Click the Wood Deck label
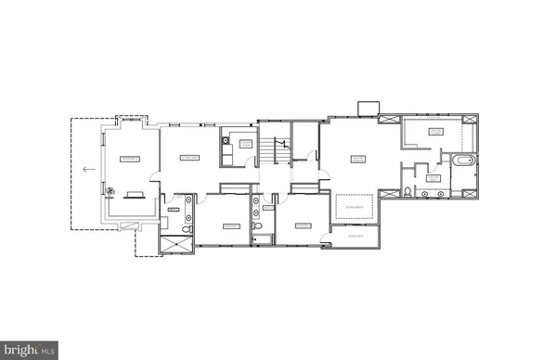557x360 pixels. (354, 237)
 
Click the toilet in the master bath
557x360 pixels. (408, 193)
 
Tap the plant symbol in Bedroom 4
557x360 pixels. (110, 192)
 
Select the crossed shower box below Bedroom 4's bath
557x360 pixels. (176, 244)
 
